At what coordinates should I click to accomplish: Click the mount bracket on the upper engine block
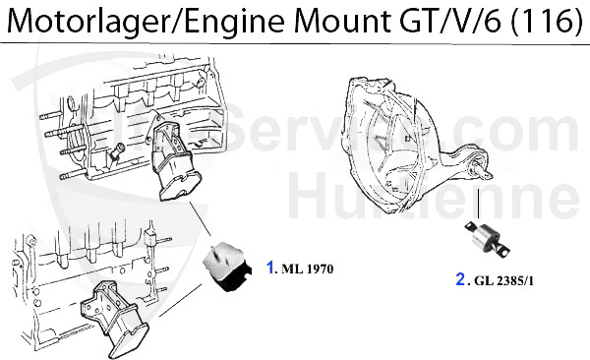(x=172, y=157)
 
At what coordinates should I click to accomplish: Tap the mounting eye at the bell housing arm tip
(x=483, y=171)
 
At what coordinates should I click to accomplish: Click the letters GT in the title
(x=400, y=21)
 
